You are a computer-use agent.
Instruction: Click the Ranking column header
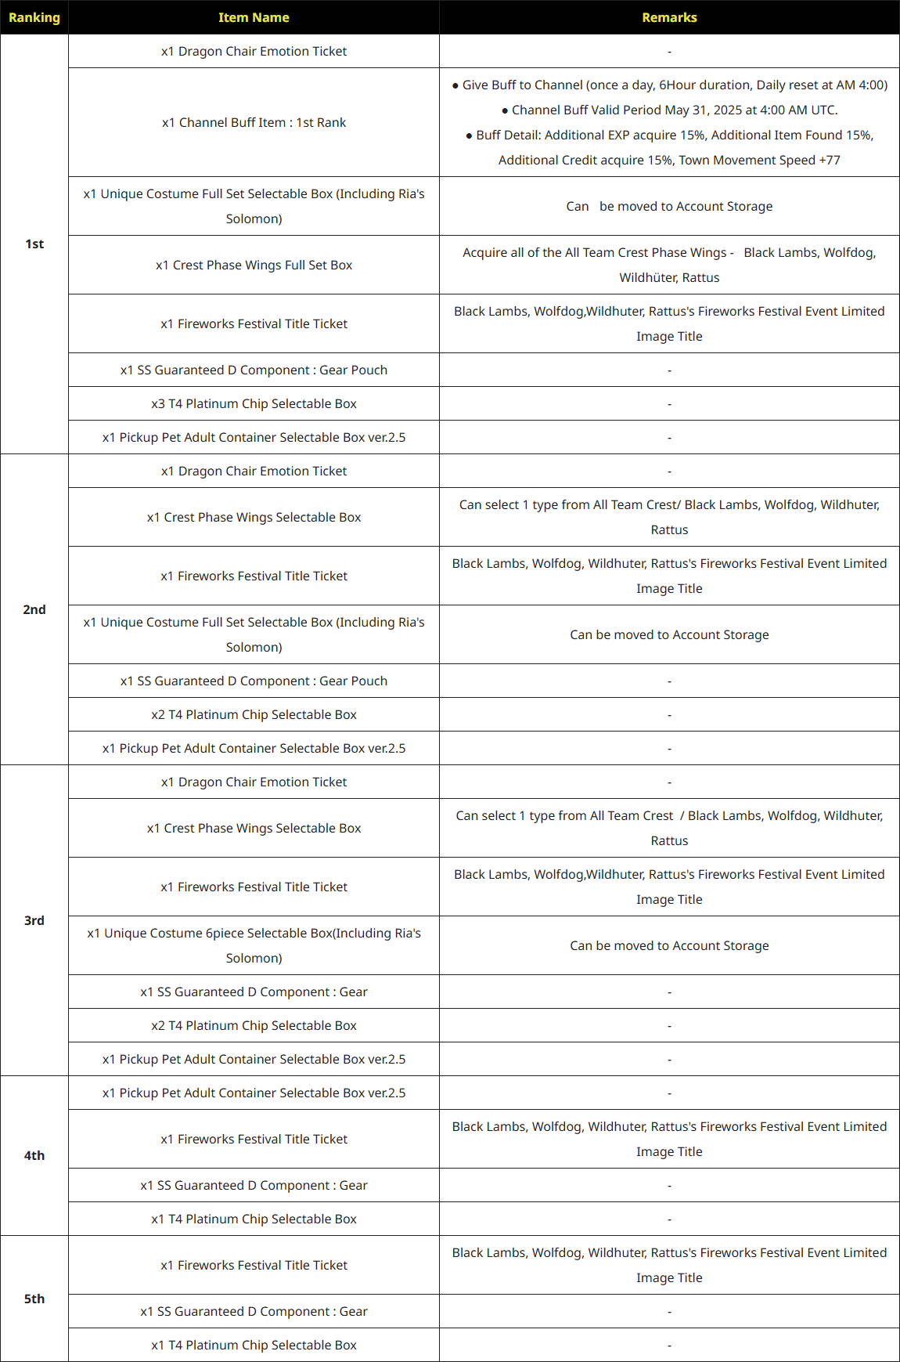point(34,17)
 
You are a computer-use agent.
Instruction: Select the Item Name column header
point(254,17)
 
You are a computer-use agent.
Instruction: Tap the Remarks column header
point(669,17)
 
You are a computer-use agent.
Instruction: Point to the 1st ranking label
point(34,244)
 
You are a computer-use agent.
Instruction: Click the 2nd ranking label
point(34,609)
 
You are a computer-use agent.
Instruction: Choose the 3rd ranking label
point(34,920)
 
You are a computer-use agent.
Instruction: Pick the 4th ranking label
point(34,1155)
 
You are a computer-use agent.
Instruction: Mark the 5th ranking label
point(34,1299)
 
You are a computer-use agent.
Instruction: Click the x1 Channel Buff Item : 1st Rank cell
point(254,122)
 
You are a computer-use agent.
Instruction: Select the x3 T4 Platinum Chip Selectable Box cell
point(254,403)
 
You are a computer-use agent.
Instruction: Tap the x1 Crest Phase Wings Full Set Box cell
point(254,265)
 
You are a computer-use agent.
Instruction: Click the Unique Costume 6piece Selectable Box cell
point(254,945)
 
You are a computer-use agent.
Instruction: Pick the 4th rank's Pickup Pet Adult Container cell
point(254,1093)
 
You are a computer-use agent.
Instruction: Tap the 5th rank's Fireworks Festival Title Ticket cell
point(254,1265)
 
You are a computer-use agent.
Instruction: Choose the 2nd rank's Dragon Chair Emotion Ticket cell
point(254,471)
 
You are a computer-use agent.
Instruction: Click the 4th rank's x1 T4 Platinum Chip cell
point(254,1219)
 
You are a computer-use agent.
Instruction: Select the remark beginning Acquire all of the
point(669,264)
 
